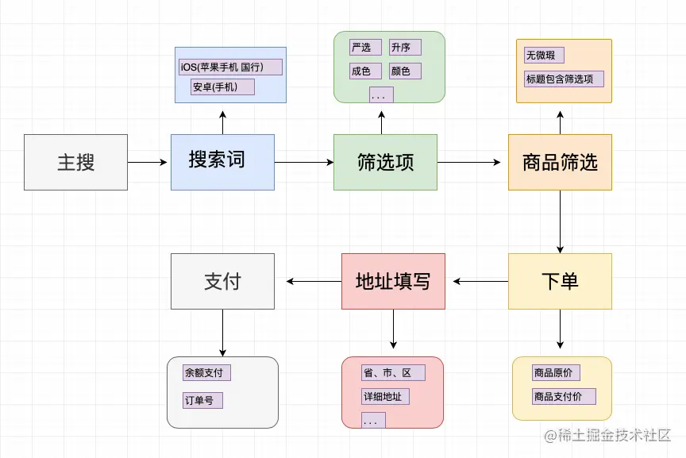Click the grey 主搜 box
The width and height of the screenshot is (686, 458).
pyautogui.click(x=75, y=162)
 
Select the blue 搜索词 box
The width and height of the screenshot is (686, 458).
pyautogui.click(x=222, y=162)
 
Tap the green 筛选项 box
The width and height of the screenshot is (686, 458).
pyautogui.click(x=385, y=162)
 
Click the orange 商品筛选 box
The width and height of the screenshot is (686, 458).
pyautogui.click(x=560, y=162)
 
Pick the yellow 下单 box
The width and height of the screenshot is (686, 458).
pyautogui.click(x=560, y=281)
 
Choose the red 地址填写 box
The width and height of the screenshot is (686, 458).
pyautogui.click(x=393, y=281)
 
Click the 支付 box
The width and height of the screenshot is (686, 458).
pyautogui.click(x=222, y=281)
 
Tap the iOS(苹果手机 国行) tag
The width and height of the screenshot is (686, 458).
pyautogui.click(x=230, y=67)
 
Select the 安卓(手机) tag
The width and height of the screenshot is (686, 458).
pyautogui.click(x=222, y=87)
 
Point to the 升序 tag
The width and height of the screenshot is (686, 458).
pyautogui.click(x=405, y=48)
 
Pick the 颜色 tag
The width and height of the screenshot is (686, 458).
pyautogui.click(x=405, y=71)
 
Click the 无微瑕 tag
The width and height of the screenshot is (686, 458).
pyautogui.click(x=544, y=56)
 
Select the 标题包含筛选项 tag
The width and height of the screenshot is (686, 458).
pyautogui.click(x=564, y=79)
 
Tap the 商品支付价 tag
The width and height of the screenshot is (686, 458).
pyautogui.click(x=564, y=396)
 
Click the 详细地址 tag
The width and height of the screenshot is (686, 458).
pyautogui.click(x=385, y=396)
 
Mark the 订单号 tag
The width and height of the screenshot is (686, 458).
pyautogui.click(x=202, y=400)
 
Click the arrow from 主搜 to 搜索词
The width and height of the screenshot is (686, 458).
pyautogui.click(x=148, y=162)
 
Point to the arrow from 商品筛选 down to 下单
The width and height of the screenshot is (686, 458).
pyautogui.click(x=560, y=221)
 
